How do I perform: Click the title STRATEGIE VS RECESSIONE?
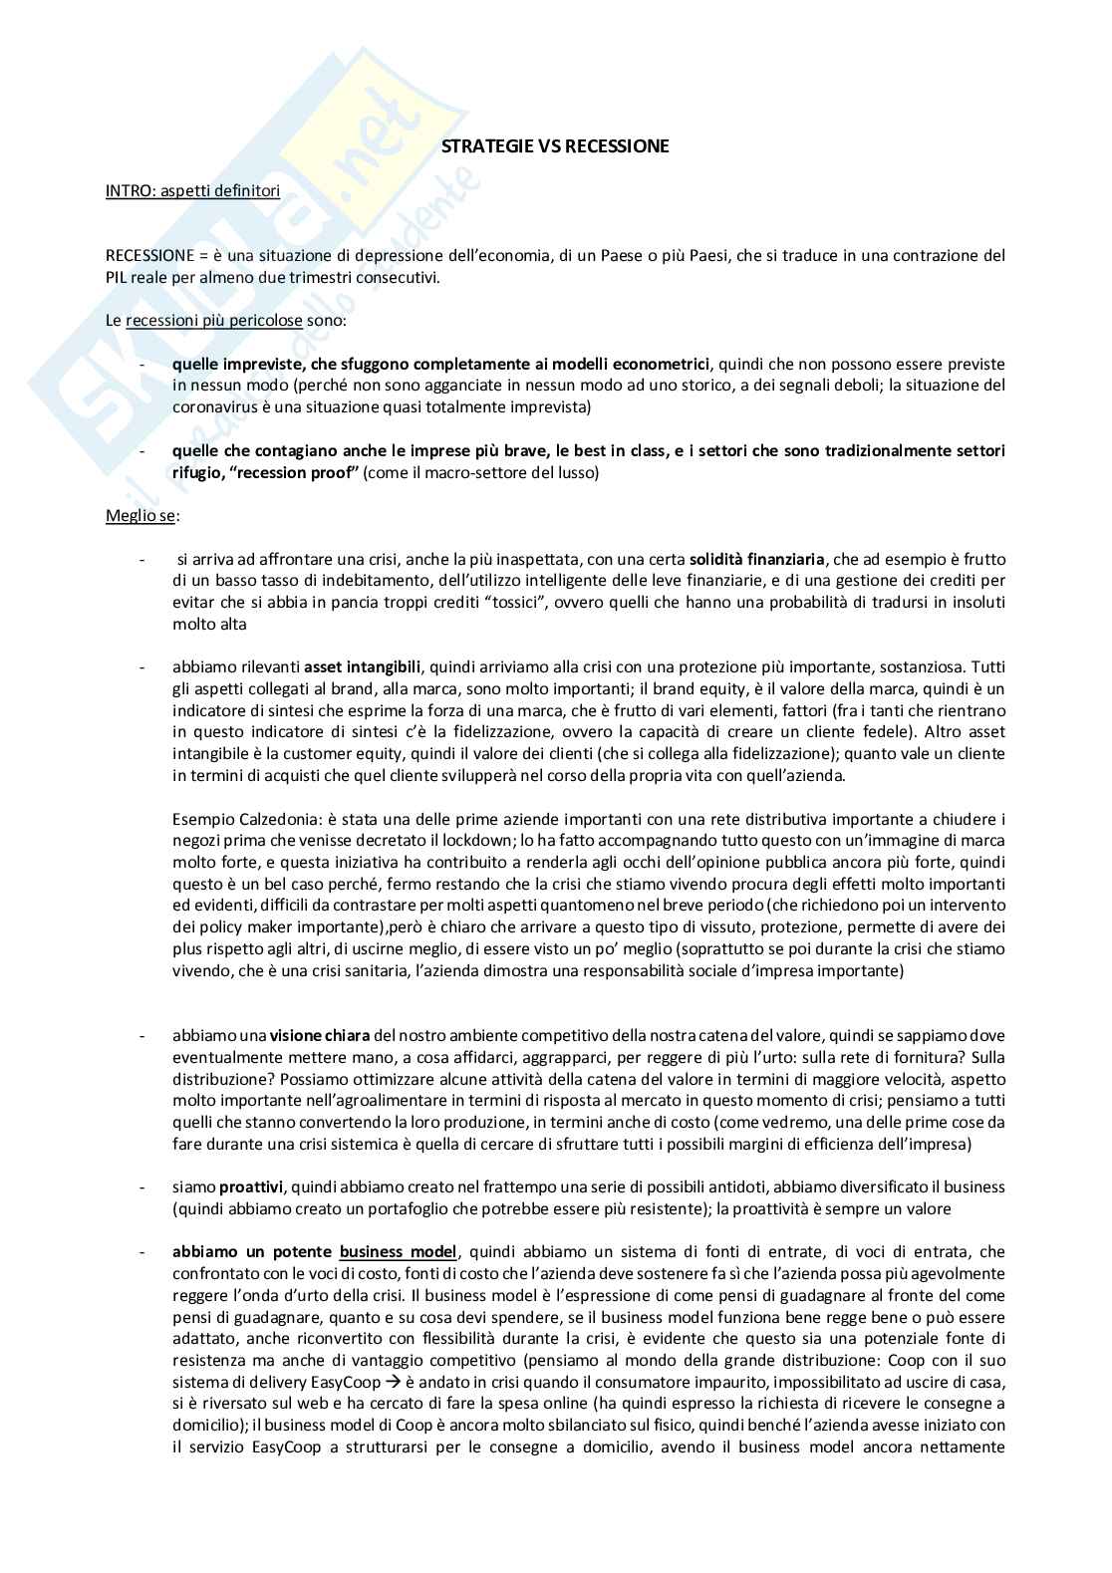555,147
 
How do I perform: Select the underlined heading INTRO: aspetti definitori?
192,191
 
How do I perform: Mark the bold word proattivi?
251,1187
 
